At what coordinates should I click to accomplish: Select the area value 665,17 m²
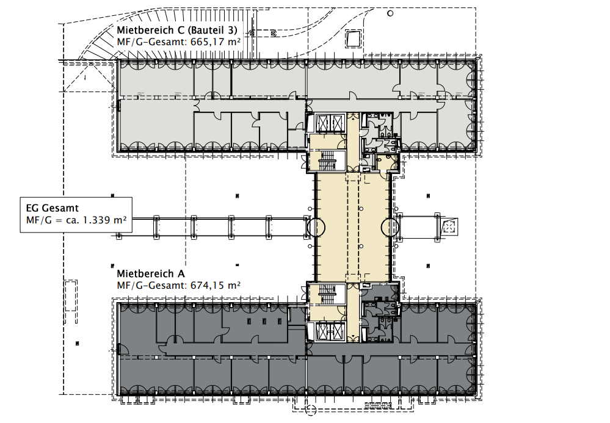tap(216, 42)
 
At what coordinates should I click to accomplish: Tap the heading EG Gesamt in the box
tap(52, 208)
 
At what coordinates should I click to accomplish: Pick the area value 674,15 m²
tap(216, 286)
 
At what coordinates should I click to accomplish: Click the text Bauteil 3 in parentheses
tap(212, 31)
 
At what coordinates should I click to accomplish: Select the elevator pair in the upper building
tap(330, 124)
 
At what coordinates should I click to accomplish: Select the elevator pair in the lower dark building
tap(330, 331)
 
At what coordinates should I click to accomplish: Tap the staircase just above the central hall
tap(327, 162)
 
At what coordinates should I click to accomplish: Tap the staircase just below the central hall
tap(327, 294)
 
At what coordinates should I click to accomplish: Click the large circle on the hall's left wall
tap(316, 228)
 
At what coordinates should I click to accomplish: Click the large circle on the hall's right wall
tap(390, 228)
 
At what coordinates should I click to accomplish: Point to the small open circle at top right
tap(390, 13)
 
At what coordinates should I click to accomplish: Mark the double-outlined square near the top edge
tap(354, 38)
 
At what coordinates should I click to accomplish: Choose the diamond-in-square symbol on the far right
tap(450, 226)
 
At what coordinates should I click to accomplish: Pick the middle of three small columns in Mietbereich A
tap(264, 321)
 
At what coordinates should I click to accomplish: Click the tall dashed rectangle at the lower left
tap(71, 302)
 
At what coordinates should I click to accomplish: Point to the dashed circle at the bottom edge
tap(310, 410)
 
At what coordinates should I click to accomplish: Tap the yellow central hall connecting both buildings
tap(353, 228)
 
